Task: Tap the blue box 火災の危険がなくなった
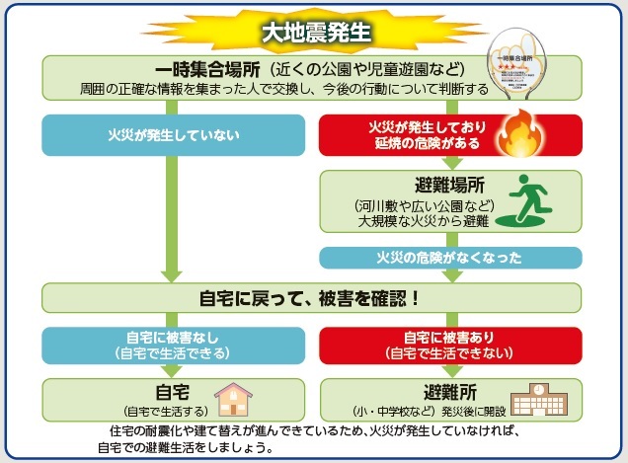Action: pos(449,258)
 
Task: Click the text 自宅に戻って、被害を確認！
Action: pos(313,297)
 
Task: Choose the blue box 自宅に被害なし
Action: pos(174,343)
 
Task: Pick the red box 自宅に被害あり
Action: pos(449,343)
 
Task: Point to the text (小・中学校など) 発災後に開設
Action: pos(422,410)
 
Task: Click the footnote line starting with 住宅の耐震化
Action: pos(313,432)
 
